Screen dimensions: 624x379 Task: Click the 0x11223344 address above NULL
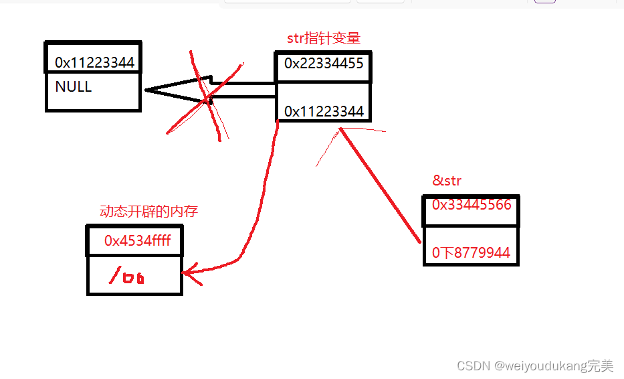94,63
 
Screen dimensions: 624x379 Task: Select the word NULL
74,87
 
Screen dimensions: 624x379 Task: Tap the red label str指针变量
324,38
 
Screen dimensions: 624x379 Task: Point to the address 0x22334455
324,64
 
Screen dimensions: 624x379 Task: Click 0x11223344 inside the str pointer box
324,112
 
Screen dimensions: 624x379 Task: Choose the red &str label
447,181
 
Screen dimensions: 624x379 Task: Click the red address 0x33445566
472,205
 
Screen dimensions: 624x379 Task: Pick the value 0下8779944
471,253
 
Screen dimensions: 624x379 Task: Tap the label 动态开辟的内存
148,212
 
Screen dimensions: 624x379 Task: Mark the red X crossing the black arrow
204,97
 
